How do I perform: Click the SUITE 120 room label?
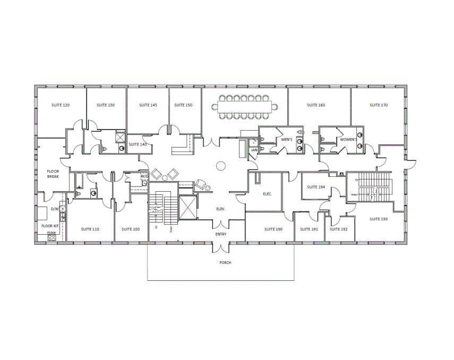pos(60,105)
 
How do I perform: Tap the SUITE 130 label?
pos(105,105)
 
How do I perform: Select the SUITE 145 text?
pos(148,105)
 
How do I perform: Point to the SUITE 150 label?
pos(183,105)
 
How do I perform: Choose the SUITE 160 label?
pos(316,105)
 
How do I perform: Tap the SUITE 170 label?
pos(379,105)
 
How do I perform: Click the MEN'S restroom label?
pos(287,139)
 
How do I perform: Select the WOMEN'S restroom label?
pos(348,139)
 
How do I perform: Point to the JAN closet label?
pos(254,150)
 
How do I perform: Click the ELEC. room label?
pos(267,194)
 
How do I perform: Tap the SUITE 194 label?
pos(316,187)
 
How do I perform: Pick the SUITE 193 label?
pos(379,219)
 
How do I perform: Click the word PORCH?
pos(225,262)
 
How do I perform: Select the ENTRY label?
pos(221,234)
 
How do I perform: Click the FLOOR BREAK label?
pos(53,174)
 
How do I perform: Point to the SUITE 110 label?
pos(90,229)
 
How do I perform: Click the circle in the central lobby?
pos(220,166)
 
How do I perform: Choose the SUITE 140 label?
pos(138,144)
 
